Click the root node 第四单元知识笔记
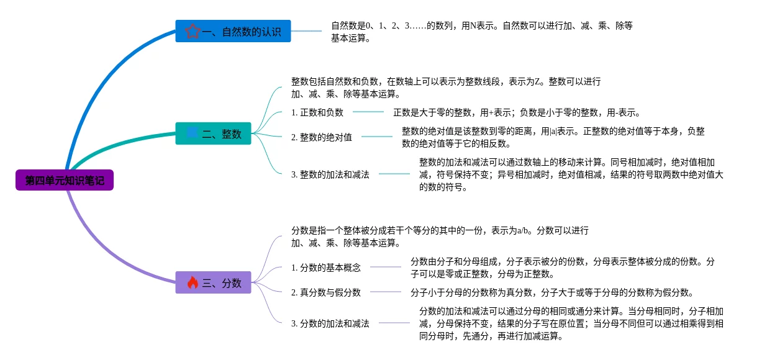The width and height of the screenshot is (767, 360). click(65, 181)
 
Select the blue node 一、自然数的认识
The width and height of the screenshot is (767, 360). click(233, 31)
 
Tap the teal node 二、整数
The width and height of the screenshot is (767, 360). click(213, 133)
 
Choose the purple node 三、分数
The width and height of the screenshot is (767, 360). click(213, 282)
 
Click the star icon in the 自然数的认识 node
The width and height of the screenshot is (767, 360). click(193, 31)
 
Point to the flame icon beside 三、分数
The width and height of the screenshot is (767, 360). click(193, 282)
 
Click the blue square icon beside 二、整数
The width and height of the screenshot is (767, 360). click(192, 133)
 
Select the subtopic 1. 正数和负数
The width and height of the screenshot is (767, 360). click(317, 112)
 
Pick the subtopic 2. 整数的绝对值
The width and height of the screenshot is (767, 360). click(322, 137)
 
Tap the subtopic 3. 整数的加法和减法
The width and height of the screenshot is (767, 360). click(330, 174)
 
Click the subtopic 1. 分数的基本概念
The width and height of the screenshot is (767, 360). click(326, 268)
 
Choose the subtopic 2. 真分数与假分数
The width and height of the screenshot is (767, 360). click(326, 292)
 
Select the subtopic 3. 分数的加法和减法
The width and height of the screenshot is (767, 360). click(330, 323)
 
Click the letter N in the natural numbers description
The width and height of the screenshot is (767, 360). click(473, 26)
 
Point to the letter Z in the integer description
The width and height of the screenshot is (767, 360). click(538, 82)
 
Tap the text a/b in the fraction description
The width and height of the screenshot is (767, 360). click(524, 231)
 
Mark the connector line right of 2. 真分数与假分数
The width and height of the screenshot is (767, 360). click(386, 292)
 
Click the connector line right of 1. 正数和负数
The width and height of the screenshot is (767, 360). click(368, 112)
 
